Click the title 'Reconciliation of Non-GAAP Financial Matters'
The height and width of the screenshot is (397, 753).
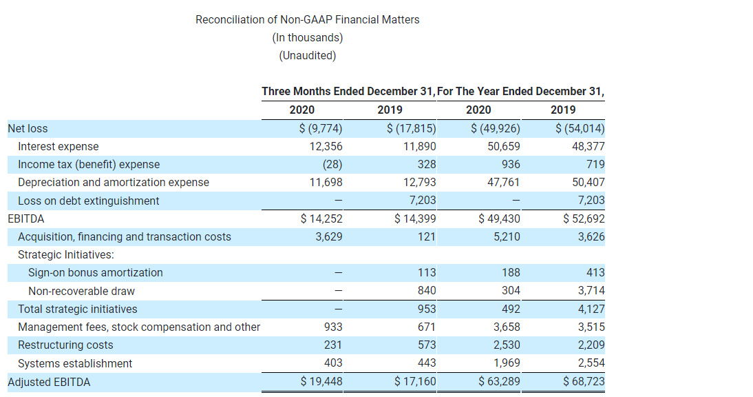(x=307, y=19)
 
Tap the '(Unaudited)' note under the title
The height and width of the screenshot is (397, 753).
(x=307, y=55)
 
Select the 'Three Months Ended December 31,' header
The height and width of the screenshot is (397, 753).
(x=348, y=92)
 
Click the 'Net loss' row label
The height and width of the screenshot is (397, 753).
(x=28, y=128)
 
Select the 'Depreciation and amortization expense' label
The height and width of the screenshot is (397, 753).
(x=114, y=182)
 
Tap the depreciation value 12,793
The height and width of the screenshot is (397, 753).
(x=419, y=182)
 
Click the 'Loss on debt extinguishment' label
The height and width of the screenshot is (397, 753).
(x=88, y=201)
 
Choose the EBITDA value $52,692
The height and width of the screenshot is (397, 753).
(x=584, y=218)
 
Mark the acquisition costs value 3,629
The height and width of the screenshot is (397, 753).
(x=326, y=236)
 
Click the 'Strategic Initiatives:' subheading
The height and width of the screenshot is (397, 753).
(x=65, y=254)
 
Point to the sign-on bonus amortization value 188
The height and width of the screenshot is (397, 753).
(x=511, y=272)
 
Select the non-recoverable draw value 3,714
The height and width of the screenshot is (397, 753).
(x=591, y=290)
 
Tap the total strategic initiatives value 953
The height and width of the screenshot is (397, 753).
(x=427, y=309)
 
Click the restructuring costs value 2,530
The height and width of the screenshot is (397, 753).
(x=506, y=345)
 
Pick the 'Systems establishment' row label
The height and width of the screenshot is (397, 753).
(x=75, y=363)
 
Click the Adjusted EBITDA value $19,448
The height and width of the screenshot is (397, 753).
(x=321, y=381)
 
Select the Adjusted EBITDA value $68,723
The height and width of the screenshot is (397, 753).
(x=584, y=381)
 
